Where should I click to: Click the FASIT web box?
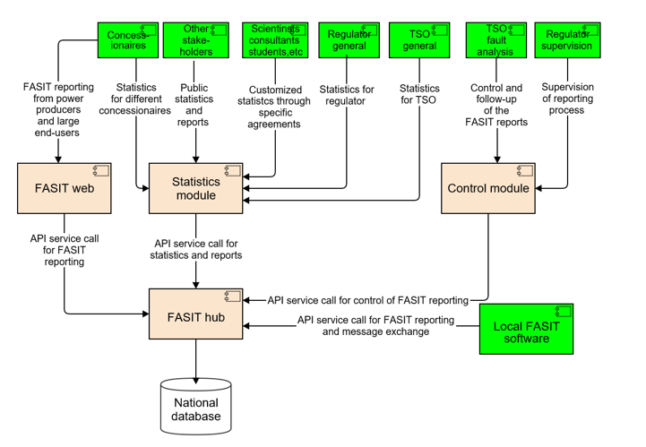pyautogui.click(x=58, y=188)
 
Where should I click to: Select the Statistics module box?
pyautogui.click(x=195, y=188)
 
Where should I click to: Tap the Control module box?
pyautogui.click(x=487, y=188)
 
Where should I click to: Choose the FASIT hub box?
pyautogui.click(x=195, y=314)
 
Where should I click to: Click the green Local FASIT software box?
pyautogui.click(x=527, y=329)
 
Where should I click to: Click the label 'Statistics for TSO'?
pyautogui.click(x=419, y=95)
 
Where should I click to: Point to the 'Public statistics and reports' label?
pyautogui.click(x=194, y=105)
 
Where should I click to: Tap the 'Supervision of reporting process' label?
pyautogui.click(x=568, y=99)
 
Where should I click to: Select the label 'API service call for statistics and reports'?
pyautogui.click(x=196, y=249)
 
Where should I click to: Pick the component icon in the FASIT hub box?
pyautogui.click(x=231, y=297)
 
